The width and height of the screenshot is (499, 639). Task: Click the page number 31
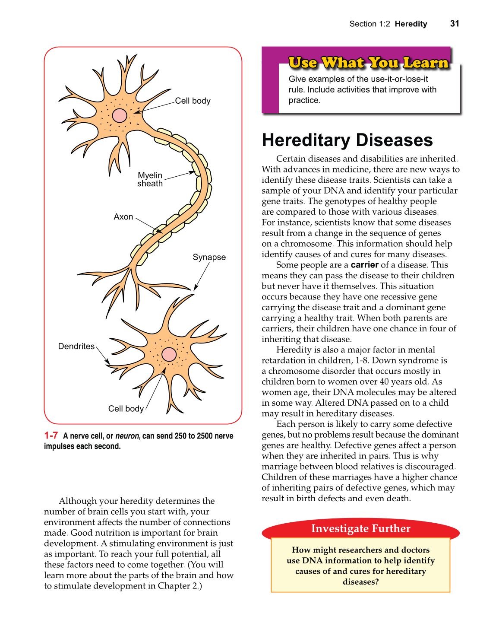pos(455,24)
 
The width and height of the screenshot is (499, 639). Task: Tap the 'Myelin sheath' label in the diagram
pos(150,179)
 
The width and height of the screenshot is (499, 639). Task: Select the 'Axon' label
pos(123,217)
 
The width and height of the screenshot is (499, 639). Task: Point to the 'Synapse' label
pos(209,257)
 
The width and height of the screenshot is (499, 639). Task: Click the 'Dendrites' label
pos(76,347)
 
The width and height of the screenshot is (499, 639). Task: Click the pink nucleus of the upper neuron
pos(120,115)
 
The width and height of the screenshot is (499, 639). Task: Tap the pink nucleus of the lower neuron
pos(169,354)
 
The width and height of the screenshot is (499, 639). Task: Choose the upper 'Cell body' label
pos(193,101)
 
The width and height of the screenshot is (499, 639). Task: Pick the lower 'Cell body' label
pos(126,409)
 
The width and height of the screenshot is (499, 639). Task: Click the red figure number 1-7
pos(51,436)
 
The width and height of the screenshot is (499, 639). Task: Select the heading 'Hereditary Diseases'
pos(347,140)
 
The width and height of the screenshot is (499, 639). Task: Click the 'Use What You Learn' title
pos(368,63)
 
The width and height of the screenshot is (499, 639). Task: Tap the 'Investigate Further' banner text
pos(360,529)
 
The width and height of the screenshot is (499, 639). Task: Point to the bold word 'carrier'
pos(364,265)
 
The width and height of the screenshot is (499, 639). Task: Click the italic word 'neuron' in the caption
pos(127,436)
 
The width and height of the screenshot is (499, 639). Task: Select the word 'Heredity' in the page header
pos(411,24)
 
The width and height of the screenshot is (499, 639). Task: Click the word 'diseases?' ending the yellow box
pos(360,582)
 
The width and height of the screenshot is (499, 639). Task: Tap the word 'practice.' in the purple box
pos(304,100)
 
